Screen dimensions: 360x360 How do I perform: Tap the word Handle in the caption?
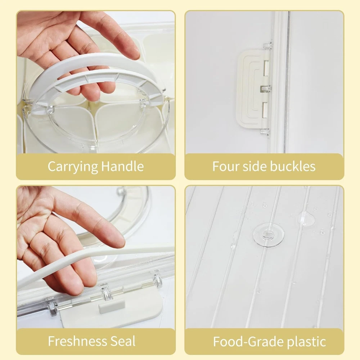pyautogui.click(x=122, y=166)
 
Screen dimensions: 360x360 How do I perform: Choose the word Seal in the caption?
pyautogui.click(x=123, y=341)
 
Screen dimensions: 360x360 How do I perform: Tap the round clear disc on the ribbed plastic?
pyautogui.click(x=268, y=234)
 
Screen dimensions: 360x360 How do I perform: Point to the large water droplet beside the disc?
pyautogui.click(x=306, y=218)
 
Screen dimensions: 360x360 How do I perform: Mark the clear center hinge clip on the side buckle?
pyautogui.click(x=265, y=89)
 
